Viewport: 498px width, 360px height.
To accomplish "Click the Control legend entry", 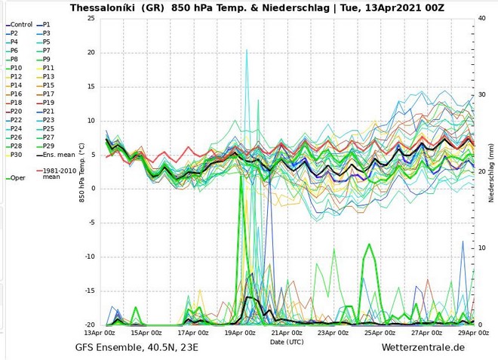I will coord(21,25).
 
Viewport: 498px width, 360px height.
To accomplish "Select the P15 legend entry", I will coord(48,85).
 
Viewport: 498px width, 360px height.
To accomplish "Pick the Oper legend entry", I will coord(17,178).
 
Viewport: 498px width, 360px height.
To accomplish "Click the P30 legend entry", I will coord(16,155).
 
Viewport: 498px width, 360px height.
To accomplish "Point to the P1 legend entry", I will coord(47,25).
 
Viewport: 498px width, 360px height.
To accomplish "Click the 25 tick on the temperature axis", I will coord(91,18).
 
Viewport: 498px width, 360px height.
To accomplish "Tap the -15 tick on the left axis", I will coord(89,291).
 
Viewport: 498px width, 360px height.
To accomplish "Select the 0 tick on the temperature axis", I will coord(93,189).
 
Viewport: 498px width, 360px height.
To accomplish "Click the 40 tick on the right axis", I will coord(481,18).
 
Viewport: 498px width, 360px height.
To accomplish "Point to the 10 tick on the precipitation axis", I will coord(481,248).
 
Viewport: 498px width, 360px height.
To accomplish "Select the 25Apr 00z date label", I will coord(380,332).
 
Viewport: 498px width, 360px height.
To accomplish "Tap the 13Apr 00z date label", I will coord(100,332).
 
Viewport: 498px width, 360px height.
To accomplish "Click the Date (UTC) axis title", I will coord(287,341).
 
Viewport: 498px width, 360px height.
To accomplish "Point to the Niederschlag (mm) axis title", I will coord(491,172).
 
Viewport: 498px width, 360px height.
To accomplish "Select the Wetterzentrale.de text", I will coord(423,348).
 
